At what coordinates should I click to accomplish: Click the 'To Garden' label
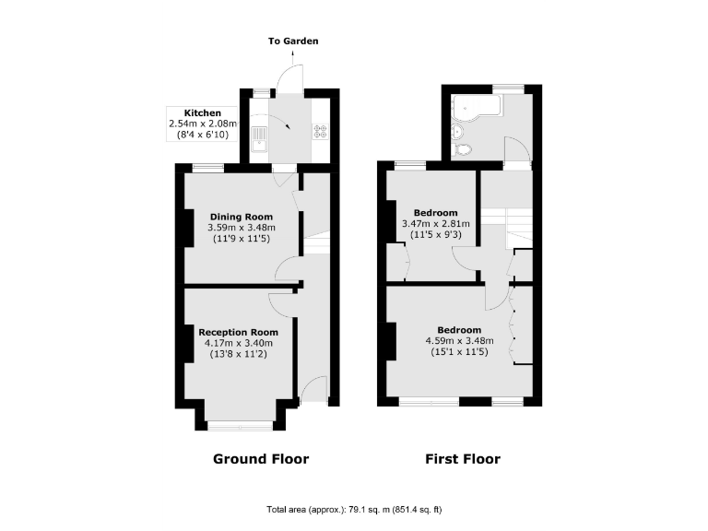[x=293, y=41]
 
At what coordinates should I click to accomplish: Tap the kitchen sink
[x=260, y=138]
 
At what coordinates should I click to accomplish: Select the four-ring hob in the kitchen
[x=321, y=131]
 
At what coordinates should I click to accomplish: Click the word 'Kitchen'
[x=202, y=112]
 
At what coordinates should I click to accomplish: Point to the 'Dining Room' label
[x=241, y=217]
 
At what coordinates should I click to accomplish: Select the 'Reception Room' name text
[x=239, y=332]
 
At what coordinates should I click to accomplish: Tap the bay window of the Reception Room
[x=239, y=425]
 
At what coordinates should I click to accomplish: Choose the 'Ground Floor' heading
[x=261, y=458]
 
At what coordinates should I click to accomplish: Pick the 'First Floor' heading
[x=462, y=458]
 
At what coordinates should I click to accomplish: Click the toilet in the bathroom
[x=463, y=147]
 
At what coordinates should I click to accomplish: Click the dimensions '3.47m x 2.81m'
[x=436, y=223]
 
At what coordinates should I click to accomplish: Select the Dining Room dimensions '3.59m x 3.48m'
[x=241, y=228]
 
